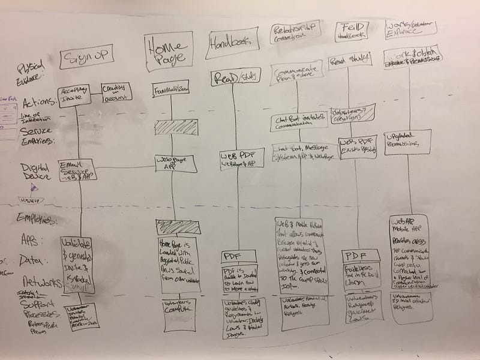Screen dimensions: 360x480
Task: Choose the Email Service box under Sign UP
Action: [77, 170]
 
